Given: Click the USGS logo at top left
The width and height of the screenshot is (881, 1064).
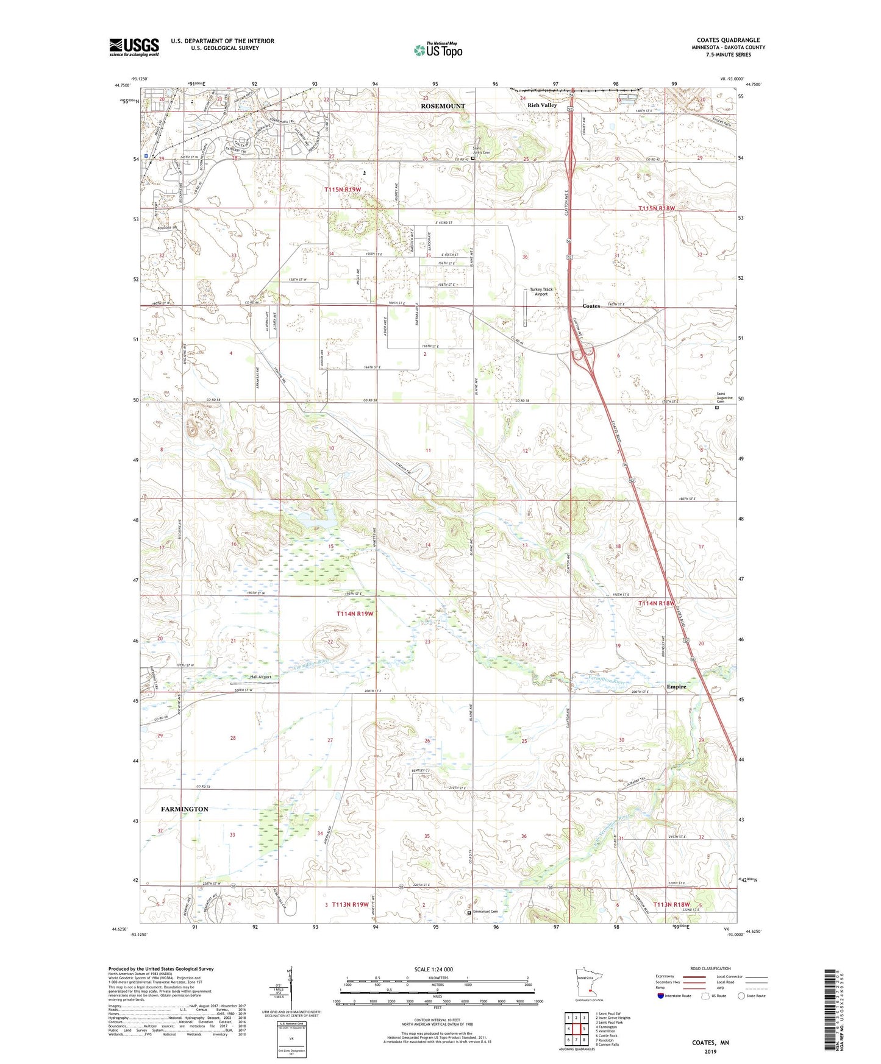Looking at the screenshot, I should (x=134, y=47).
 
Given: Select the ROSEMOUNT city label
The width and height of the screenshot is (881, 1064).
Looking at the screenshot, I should (x=443, y=106).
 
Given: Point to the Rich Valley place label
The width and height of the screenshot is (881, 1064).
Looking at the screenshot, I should (x=542, y=105).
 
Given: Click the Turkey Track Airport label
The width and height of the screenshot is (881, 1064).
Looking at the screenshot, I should (x=541, y=291).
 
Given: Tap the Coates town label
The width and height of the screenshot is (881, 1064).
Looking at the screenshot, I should (x=591, y=306).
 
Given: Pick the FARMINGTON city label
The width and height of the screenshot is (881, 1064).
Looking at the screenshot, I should (x=184, y=809).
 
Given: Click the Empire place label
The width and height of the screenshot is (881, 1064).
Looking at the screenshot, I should (x=676, y=687).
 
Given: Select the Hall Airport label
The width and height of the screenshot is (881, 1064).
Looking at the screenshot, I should (x=260, y=677).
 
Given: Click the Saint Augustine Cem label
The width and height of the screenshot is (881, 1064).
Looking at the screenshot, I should (x=721, y=398).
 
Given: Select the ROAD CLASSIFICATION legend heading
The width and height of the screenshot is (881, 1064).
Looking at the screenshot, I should (x=710, y=968).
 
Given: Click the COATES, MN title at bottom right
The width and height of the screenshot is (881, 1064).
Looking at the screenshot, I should (x=710, y=1042).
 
